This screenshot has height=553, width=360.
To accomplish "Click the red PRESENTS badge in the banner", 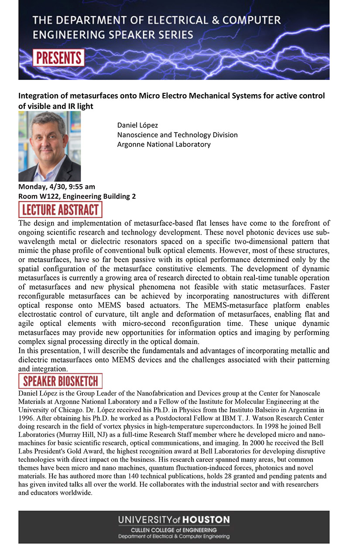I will click(58, 58).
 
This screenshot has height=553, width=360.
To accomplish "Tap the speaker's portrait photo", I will click(49, 146).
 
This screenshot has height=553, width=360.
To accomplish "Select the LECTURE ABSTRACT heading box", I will click(60, 210).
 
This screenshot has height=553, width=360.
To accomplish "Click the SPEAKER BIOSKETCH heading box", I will click(60, 381).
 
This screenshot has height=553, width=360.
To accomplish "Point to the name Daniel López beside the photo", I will click(137, 126).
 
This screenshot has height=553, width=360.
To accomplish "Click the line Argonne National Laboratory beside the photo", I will click(164, 144).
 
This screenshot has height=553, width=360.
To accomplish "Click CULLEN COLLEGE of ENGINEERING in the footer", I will click(174, 530).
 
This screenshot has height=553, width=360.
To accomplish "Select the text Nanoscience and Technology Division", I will click(177, 135).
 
